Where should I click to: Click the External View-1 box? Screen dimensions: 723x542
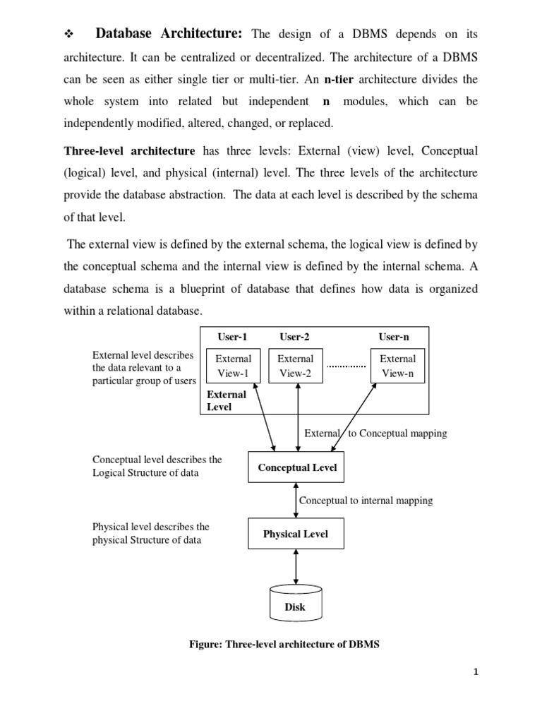[233, 366]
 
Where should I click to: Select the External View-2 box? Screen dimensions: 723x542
[296, 366]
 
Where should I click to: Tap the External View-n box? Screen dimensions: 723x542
[397, 366]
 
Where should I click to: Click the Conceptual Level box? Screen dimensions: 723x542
[296, 467]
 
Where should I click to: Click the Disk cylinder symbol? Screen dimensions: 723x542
[295, 602]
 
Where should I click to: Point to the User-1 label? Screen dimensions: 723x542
[234, 337]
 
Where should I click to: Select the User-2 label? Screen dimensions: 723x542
[294, 337]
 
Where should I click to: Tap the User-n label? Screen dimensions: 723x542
[394, 337]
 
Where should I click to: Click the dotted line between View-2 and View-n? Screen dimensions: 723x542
[347, 366]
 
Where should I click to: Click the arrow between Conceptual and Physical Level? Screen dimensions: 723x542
[296, 501]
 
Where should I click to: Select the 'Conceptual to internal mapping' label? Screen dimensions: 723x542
[366, 501]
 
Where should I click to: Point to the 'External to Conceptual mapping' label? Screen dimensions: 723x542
[375, 434]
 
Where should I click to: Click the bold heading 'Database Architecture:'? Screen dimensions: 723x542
[169, 33]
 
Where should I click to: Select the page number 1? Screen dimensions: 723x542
[476, 672]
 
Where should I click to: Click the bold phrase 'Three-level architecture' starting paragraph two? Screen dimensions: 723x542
[129, 151]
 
